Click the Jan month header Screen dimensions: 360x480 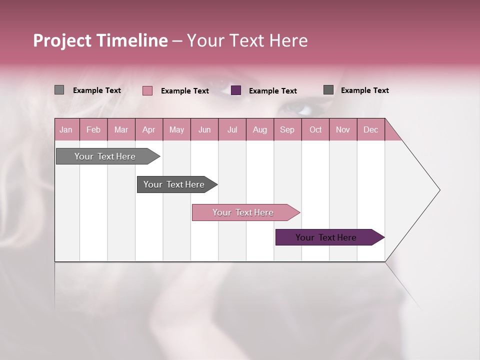[66, 129]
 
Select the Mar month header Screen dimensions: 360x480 [121, 129]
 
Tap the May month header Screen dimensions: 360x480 [176, 129]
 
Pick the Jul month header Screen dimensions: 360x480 [232, 129]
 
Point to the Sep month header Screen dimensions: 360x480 [287, 129]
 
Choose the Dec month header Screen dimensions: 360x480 [370, 129]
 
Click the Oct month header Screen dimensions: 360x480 [315, 129]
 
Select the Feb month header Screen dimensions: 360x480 [93, 129]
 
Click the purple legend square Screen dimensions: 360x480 [236, 90]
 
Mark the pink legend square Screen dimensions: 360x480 [147, 90]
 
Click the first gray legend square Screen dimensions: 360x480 [59, 90]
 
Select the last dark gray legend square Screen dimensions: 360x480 [328, 90]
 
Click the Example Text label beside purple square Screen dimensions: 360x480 [272, 91]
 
